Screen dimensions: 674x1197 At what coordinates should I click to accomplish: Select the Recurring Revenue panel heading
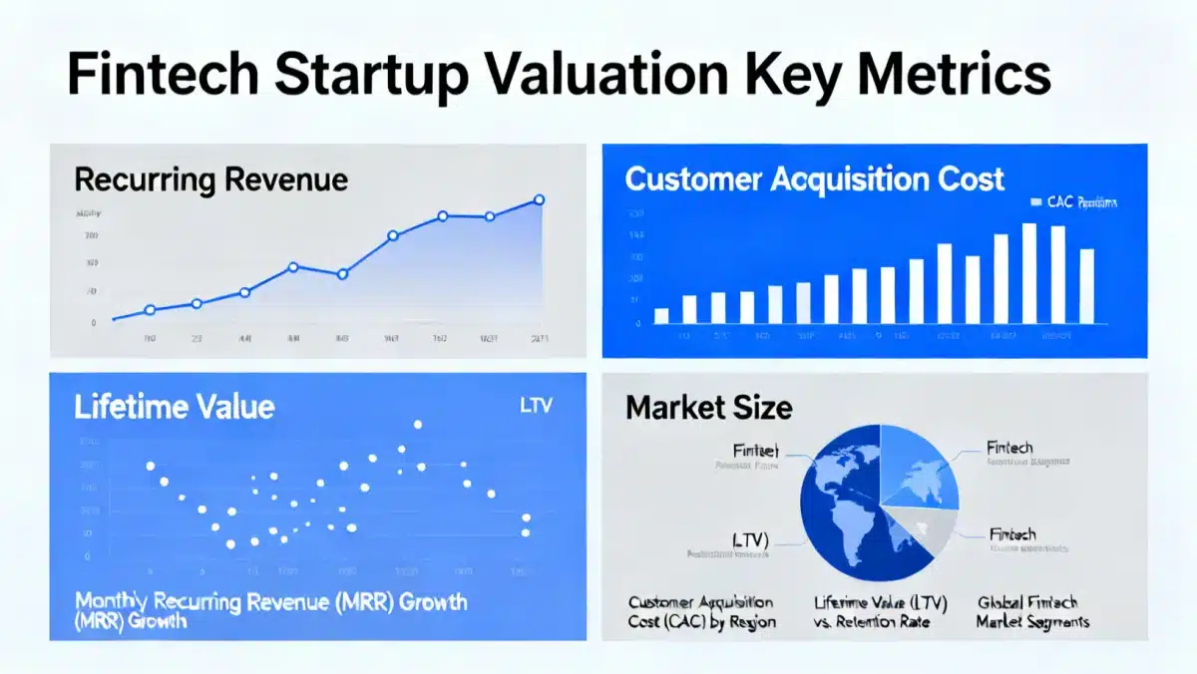(x=211, y=180)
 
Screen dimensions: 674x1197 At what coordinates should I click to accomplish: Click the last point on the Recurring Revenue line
(x=540, y=200)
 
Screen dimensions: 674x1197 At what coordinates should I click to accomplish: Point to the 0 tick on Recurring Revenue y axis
(x=94, y=323)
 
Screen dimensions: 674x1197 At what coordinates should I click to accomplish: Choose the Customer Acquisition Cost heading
(x=814, y=180)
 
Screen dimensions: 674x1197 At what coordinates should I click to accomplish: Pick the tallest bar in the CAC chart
(x=1029, y=273)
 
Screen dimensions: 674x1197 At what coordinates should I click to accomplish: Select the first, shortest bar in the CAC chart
(x=660, y=316)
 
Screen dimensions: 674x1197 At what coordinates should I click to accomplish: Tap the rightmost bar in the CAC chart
(x=1086, y=286)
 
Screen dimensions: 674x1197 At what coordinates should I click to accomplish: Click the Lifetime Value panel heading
(x=175, y=408)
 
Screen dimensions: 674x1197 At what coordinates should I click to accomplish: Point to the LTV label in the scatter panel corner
(x=536, y=407)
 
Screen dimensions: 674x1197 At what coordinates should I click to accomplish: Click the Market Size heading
(x=709, y=407)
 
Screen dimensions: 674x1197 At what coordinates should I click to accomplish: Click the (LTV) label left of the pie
(x=751, y=539)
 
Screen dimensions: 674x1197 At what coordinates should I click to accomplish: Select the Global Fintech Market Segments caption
(x=1032, y=612)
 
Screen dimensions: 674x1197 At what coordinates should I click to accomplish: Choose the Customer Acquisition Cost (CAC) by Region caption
(x=700, y=612)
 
